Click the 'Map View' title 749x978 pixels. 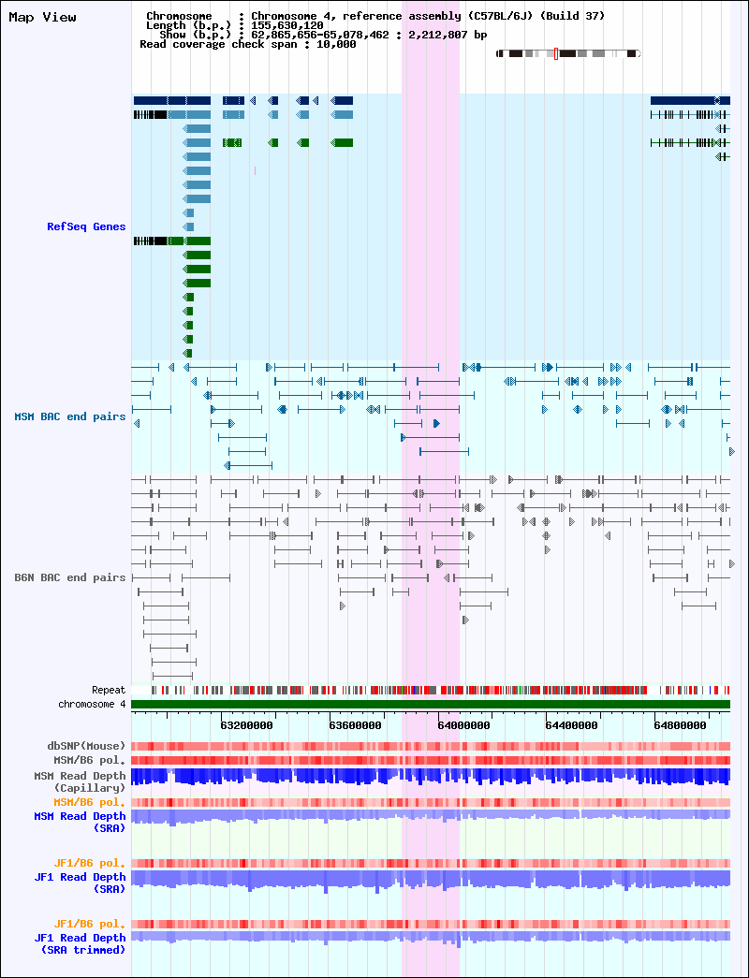[42, 17]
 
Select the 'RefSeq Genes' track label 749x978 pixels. [86, 226]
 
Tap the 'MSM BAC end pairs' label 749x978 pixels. [70, 416]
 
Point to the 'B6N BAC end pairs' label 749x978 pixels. [70, 577]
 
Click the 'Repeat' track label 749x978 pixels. [109, 690]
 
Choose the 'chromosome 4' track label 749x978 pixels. [92, 704]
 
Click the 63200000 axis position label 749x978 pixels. [246, 725]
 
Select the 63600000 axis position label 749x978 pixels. [355, 725]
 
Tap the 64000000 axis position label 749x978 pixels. [463, 725]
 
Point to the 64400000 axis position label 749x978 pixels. [572, 725]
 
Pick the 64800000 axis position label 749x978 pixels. [681, 725]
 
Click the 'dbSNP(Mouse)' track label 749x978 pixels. [86, 746]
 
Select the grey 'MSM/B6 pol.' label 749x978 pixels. [89, 760]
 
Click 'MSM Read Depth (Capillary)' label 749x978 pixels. [80, 782]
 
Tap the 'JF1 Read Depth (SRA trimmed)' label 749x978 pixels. [80, 943]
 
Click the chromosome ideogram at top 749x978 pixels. [568, 53]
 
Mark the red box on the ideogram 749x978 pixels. [556, 53]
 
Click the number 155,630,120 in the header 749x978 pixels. [287, 25]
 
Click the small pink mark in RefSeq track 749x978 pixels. [255, 170]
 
